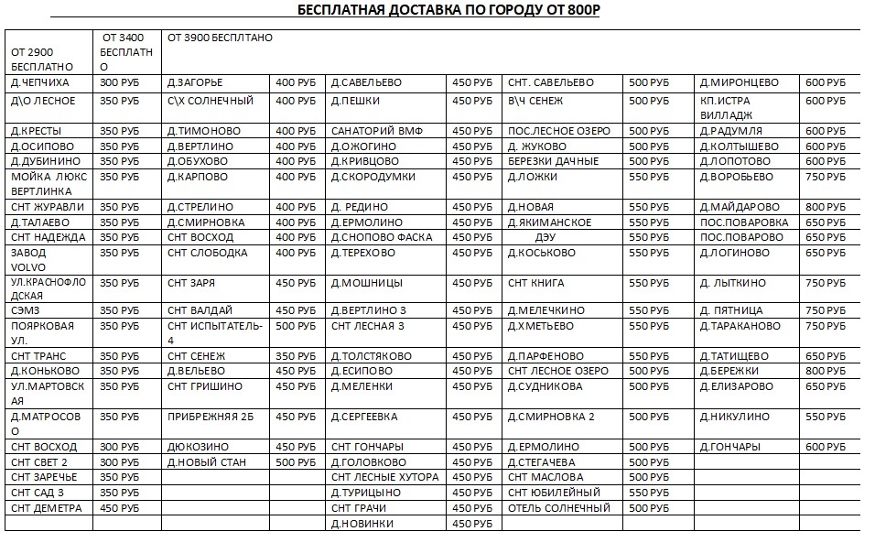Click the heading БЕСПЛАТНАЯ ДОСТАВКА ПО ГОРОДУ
point(449,10)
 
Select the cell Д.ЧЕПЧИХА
point(41,83)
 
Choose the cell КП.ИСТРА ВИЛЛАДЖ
point(726,108)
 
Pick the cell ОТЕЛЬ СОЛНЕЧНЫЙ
point(558,508)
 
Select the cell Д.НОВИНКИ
point(362,524)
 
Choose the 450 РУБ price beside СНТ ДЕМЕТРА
point(119,508)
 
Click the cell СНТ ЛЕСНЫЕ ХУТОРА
point(384,478)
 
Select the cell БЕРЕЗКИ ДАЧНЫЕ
point(553,161)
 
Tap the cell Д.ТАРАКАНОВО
point(740,326)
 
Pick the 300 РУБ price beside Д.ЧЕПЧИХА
point(119,83)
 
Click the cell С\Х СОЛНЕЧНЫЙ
point(211,101)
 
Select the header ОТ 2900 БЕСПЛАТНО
point(42,60)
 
